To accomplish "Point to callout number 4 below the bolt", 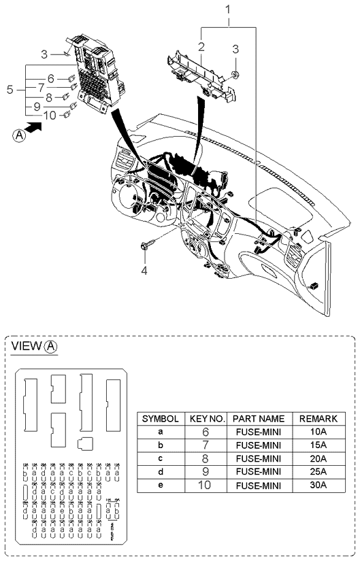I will click(144, 271).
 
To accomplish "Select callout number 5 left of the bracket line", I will click(9, 89).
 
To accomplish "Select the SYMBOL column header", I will click(160, 420).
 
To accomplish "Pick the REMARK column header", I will click(318, 420).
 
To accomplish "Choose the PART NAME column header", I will click(258, 420).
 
